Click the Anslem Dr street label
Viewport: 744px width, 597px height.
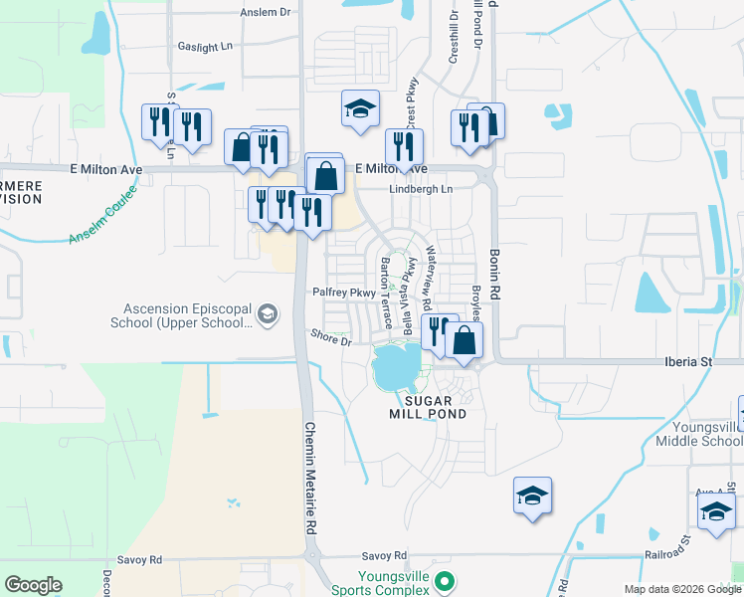(x=266, y=13)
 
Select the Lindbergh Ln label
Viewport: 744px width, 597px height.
(x=420, y=189)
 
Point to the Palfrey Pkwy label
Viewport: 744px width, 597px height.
(x=343, y=293)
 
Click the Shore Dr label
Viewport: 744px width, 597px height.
(x=331, y=339)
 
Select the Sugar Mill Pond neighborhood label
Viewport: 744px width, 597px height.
(x=429, y=406)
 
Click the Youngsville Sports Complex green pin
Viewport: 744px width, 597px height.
(x=445, y=580)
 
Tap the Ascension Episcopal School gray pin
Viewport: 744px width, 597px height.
(x=267, y=315)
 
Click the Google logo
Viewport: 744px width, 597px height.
(x=33, y=585)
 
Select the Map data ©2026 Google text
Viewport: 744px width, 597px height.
(x=681, y=589)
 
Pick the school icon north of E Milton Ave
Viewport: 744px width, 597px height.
(x=360, y=110)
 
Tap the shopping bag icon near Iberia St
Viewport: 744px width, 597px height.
(x=465, y=340)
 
